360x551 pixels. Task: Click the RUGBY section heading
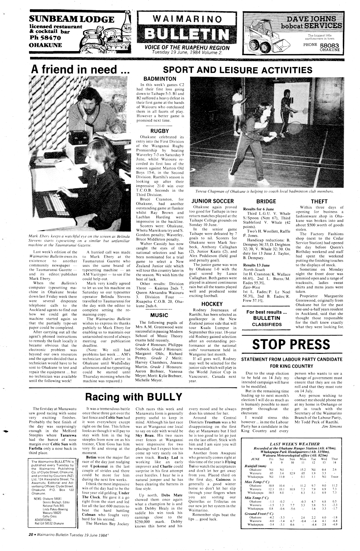tap(160, 131)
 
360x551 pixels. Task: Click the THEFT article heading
tap(319, 201)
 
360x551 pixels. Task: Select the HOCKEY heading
tap(212, 304)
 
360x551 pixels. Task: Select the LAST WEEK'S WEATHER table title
tap(294, 444)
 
